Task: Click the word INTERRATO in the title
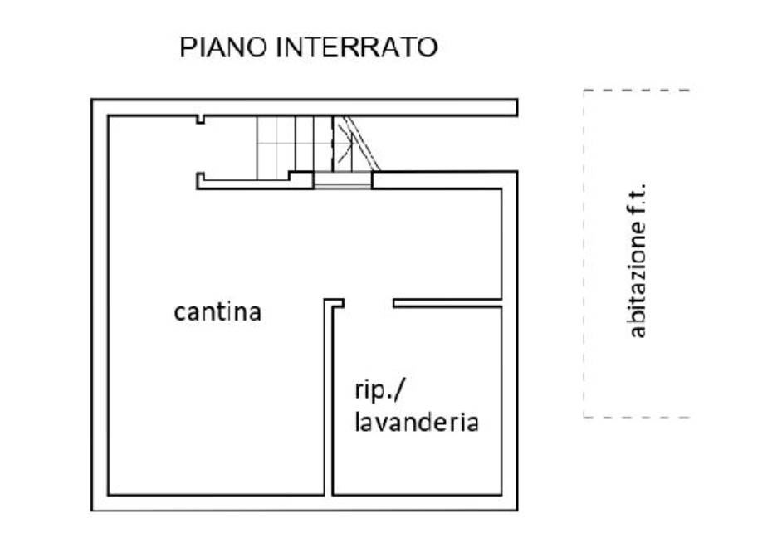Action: (356, 47)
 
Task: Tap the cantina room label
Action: (217, 312)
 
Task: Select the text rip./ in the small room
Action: (380, 391)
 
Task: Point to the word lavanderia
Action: (417, 423)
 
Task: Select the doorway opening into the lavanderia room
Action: (369, 303)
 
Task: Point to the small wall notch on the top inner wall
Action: (200, 120)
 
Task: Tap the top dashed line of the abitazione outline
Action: (638, 91)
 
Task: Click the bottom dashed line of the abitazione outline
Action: (638, 417)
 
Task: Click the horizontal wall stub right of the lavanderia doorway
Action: (447, 303)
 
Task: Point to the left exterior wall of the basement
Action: (100, 305)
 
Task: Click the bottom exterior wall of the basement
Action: (305, 503)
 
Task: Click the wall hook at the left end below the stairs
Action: (201, 180)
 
